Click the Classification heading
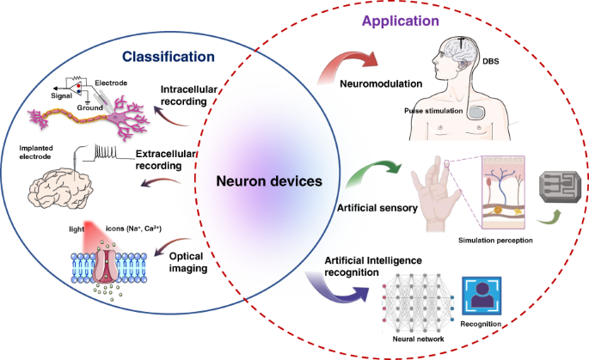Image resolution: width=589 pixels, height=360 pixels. coord(168,58)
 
